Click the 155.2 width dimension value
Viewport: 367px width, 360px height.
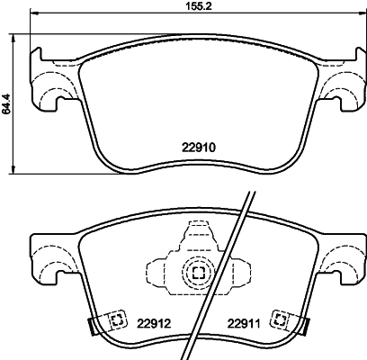[x=198, y=6]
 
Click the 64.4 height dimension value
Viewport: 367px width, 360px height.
[x=6, y=103]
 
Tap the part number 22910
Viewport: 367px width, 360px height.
[x=199, y=148]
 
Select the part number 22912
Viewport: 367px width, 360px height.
[x=154, y=324]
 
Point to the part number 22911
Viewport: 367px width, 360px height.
[x=244, y=324]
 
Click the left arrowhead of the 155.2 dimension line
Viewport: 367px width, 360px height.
[x=33, y=13]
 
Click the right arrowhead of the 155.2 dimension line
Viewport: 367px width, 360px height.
[x=361, y=13]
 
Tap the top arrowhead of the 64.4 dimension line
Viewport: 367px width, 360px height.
[x=13, y=38]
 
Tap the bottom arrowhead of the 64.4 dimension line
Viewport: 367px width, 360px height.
[x=13, y=169]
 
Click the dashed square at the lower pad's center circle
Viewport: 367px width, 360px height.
[x=198, y=273]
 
